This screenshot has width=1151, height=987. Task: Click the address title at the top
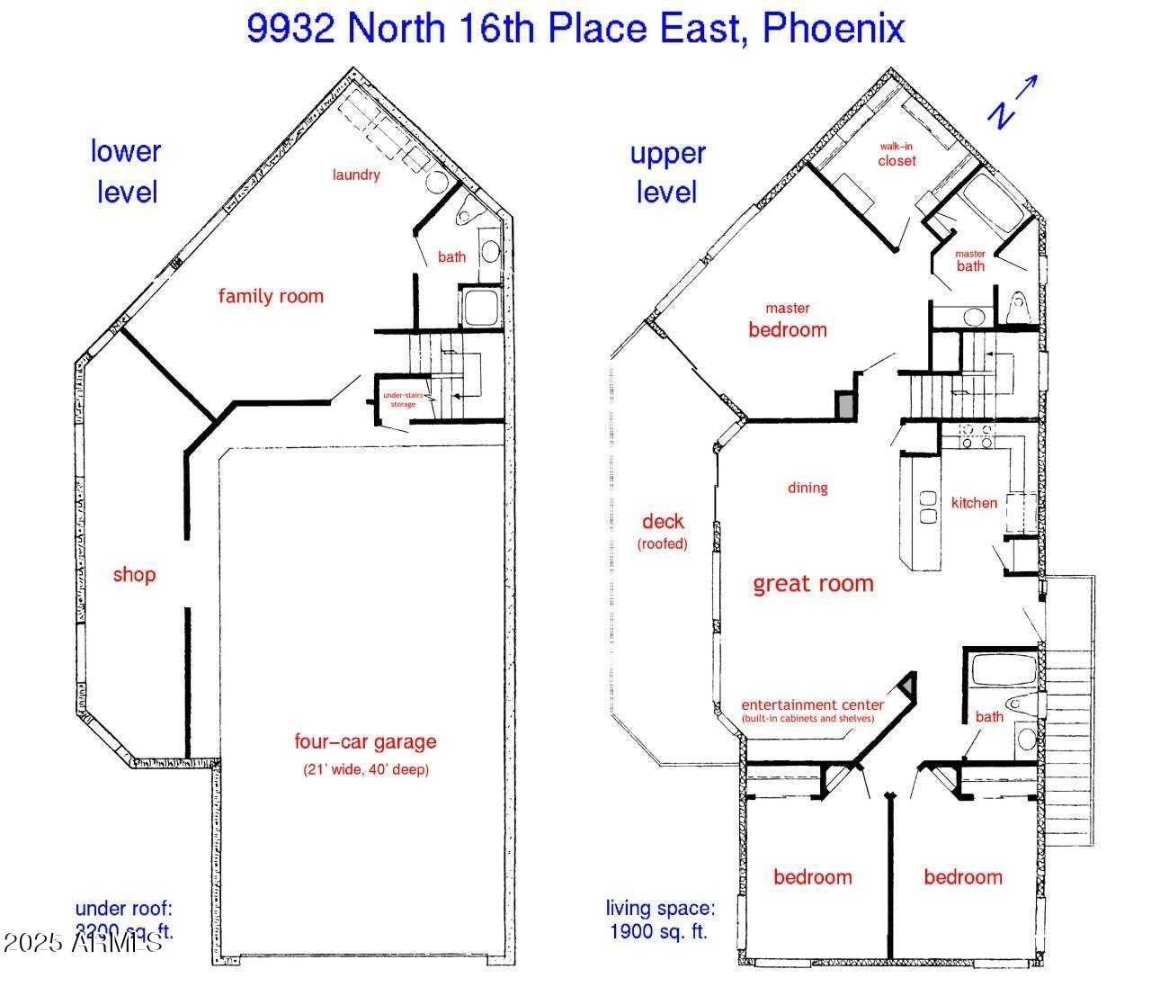575,29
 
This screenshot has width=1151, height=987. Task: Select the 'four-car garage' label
365,742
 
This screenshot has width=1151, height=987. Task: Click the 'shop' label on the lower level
134,575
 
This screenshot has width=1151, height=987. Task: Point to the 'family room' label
271,296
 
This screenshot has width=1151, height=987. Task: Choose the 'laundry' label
356,175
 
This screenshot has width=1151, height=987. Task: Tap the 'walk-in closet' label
897,155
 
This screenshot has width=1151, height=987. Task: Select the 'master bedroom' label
788,320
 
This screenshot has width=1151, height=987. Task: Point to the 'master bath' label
970,261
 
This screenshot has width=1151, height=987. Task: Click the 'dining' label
807,488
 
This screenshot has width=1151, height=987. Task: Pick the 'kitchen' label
974,503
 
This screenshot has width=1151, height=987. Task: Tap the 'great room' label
813,584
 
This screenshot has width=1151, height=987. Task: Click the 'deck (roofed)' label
663,531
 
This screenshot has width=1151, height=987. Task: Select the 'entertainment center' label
813,710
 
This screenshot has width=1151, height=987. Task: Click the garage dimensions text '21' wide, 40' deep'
365,770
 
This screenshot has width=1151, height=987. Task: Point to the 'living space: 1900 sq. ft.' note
659,920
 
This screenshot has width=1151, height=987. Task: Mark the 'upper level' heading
667,173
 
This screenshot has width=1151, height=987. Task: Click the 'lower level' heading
126,171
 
